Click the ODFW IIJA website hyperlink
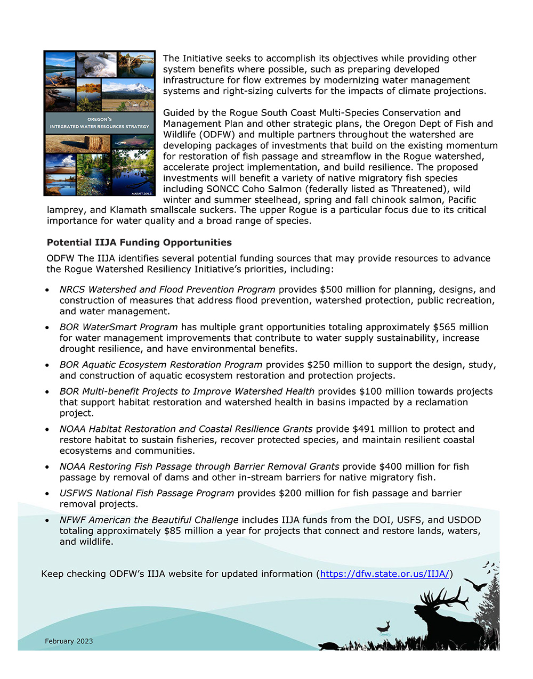click(x=385, y=574)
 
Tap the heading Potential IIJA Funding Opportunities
click(x=139, y=242)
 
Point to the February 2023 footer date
click(x=69, y=641)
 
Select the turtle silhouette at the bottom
click(x=329, y=646)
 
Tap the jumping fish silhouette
click(x=384, y=626)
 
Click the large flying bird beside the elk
click(x=475, y=586)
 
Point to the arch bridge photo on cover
click(x=136, y=64)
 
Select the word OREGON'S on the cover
click(x=100, y=119)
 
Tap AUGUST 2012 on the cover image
click(x=142, y=193)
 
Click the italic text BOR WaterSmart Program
click(x=118, y=327)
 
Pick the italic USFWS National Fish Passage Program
click(x=147, y=493)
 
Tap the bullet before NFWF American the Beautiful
click(x=48, y=520)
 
